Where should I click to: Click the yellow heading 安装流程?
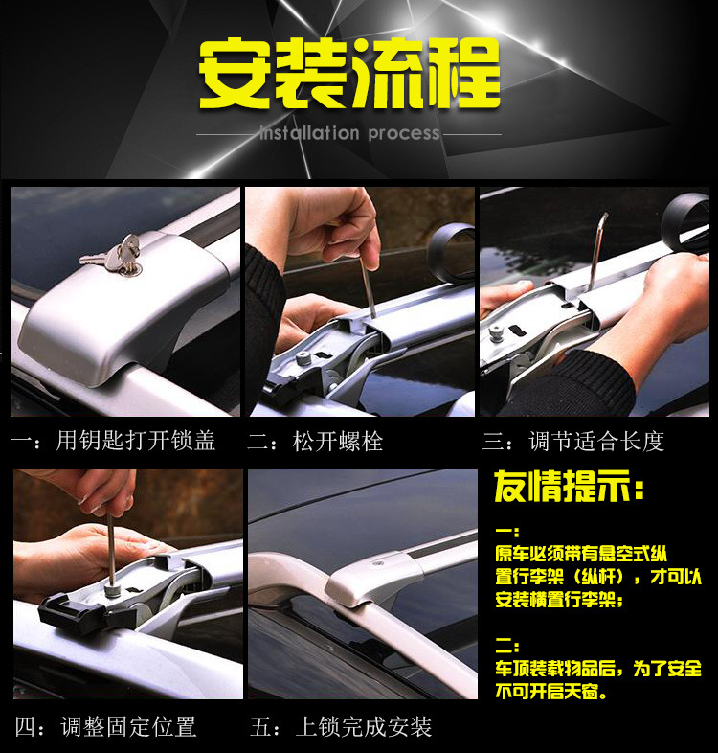tap(349, 74)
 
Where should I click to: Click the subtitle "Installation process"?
tap(349, 133)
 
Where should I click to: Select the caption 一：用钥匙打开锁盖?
tap(113, 441)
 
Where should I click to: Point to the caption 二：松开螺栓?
tap(315, 442)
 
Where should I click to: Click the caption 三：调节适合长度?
tap(573, 442)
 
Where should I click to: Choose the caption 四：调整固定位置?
tap(105, 726)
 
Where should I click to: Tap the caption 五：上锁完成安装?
tap(341, 726)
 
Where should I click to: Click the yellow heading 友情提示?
tap(570, 486)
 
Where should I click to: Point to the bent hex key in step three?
tap(596, 250)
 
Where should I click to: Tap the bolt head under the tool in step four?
tap(112, 591)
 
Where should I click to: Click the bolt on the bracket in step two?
tap(303, 358)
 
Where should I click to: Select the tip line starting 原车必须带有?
tap(582, 554)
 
